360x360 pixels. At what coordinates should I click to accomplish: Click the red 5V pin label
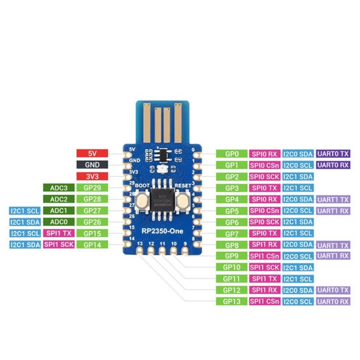pos(92,153)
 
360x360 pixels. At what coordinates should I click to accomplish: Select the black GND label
pos(92,165)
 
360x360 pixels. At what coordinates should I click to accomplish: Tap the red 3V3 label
pos(92,176)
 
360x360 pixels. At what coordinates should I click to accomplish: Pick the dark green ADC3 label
pos(58,188)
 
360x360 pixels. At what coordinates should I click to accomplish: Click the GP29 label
pos(92,188)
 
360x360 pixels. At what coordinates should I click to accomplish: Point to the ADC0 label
pos(58,222)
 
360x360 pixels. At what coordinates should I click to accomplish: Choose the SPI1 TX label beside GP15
pos(58,233)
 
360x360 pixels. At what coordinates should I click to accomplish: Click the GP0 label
pos(231,153)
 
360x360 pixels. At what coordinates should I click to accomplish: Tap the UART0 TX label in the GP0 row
pos(333,153)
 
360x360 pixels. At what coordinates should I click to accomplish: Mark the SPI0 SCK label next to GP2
pos(265,176)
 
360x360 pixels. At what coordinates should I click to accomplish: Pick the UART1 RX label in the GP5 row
pos(333,211)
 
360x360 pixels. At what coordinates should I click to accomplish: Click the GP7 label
pos(231,233)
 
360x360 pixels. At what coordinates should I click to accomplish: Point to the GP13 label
pos(231,301)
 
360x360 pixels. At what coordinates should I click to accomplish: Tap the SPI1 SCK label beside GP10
pos(265,267)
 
